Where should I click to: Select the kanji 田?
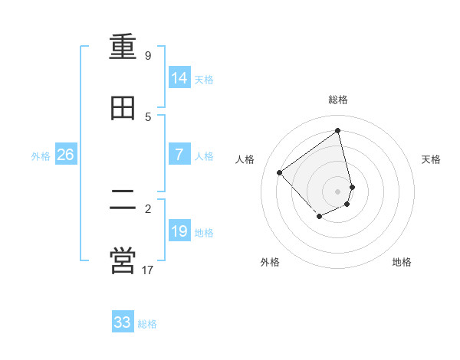pos(123,109)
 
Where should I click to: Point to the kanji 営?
pos(123,261)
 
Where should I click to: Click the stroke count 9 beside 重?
pos(148,56)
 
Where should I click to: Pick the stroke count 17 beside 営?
pos(148,270)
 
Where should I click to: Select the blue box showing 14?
pos(179,78)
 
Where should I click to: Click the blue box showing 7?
pos(179,155)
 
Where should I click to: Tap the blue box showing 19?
pos(179,231)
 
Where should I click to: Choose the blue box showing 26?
pos(65,155)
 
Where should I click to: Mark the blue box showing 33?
pos(123,322)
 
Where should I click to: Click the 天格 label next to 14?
pos(204,80)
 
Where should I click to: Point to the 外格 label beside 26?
pos(41,156)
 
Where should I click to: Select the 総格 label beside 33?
pos(147,324)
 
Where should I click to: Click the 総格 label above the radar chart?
pos(338,100)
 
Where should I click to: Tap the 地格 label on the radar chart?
pos(402,262)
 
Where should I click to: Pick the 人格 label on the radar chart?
pos(245,159)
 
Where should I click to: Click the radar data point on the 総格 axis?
pos(338,130)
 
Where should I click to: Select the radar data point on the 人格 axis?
pos(280,172)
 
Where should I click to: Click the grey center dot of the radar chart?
pos(338,191)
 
